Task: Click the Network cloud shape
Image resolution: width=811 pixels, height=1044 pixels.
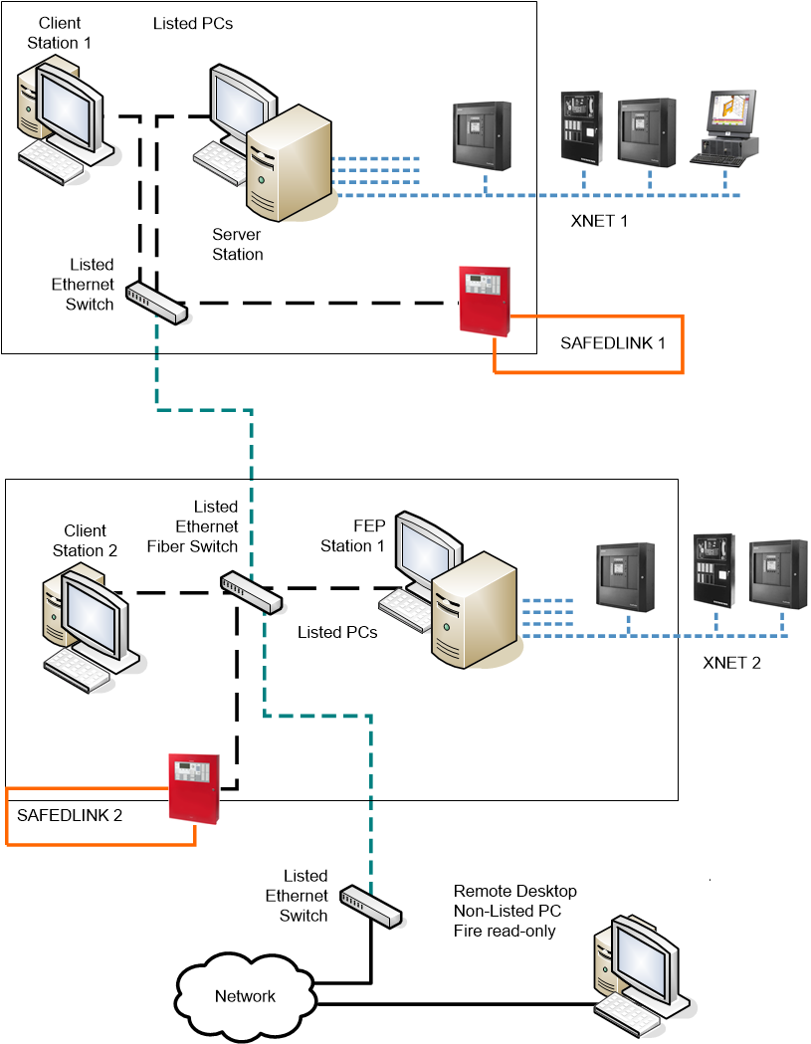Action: tap(244, 994)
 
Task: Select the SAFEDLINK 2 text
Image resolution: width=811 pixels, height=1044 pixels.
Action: tap(70, 815)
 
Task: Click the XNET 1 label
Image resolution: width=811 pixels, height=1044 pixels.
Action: tap(599, 221)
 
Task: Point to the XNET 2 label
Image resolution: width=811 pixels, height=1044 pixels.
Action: tap(731, 663)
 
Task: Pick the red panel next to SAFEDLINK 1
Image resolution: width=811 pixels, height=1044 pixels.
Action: tap(485, 300)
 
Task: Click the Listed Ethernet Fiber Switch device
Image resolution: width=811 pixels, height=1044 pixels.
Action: tap(252, 591)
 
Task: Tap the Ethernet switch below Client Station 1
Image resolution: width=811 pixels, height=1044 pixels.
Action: tap(157, 301)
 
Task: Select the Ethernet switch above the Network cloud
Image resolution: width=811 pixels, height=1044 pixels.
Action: tap(370, 905)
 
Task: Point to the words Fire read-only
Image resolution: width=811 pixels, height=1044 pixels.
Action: tap(505, 932)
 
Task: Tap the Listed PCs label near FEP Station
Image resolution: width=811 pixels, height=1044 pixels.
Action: tap(337, 632)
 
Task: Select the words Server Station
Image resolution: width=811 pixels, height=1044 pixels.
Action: tap(238, 245)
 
